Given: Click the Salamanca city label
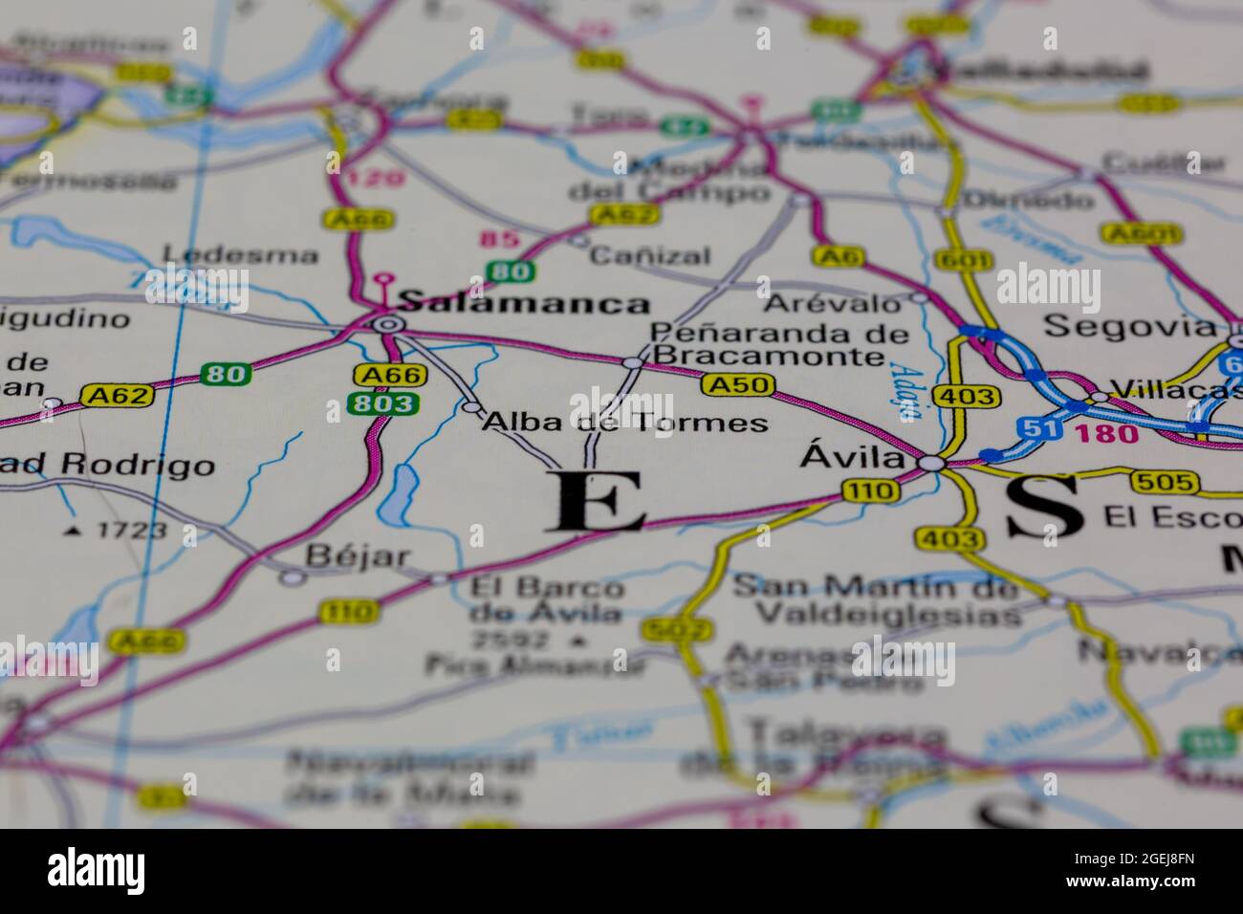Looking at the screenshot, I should pos(523,304).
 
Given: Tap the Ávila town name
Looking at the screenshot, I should pos(852,459).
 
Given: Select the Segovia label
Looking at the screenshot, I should pos(1129,326).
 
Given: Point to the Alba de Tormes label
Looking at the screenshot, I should pos(625,422).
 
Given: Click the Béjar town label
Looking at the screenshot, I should pos(358,556).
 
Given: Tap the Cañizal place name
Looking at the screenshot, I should pos(650,255).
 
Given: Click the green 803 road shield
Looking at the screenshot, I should pos(382,403).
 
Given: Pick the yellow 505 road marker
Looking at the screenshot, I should pos(1163,482).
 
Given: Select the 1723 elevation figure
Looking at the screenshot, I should pos(131,530).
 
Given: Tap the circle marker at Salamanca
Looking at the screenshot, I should pos(387,325).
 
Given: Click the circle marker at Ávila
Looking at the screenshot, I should pos(932,464).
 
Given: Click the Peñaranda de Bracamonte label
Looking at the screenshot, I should pos(778,345).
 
